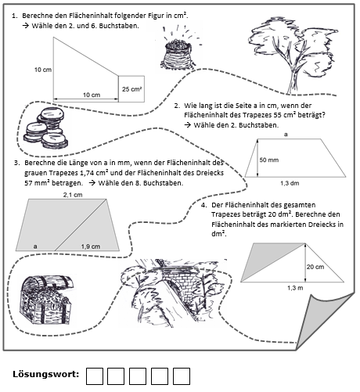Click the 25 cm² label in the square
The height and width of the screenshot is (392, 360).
tap(132, 89)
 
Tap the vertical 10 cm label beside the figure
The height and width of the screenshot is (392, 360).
tap(43, 70)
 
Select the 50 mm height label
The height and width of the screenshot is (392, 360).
tap(269, 160)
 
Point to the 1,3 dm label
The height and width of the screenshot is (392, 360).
tap(290, 183)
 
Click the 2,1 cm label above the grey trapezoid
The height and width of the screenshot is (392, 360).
tap(73, 195)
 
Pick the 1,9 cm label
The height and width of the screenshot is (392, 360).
tap(91, 246)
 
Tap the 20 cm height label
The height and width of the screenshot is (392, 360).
tap(315, 267)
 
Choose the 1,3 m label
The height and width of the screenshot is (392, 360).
tap(295, 288)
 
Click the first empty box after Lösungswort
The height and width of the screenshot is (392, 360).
tap(95, 376)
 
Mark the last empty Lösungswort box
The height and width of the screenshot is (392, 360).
tap(182, 376)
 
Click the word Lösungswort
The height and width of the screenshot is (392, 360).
tap(46, 374)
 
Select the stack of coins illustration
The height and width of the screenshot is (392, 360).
tap(46, 128)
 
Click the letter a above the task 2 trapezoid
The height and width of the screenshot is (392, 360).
tap(286, 135)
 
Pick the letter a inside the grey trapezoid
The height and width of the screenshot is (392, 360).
tap(35, 246)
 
